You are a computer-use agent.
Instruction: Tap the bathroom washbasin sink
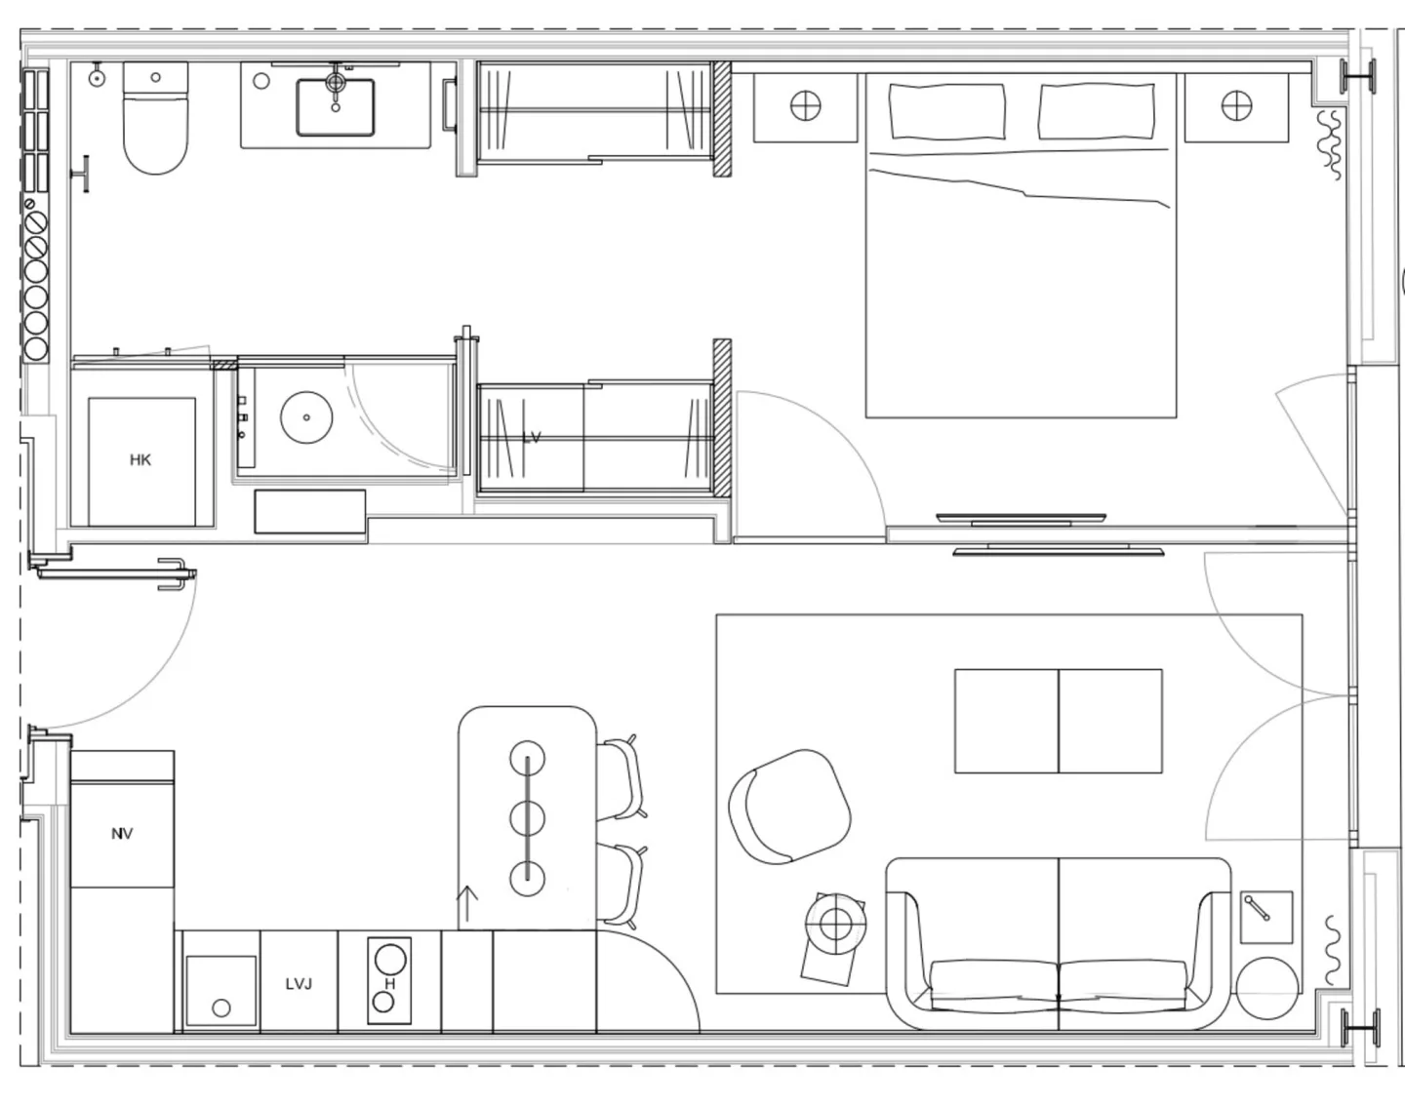coord(336,107)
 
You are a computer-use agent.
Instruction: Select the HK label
coord(140,460)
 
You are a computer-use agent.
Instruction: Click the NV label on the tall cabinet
coord(122,834)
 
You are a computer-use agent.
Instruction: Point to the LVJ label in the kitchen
coord(299,984)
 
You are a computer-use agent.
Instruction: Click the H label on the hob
coord(389,984)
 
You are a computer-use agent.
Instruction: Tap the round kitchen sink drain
coord(221,1008)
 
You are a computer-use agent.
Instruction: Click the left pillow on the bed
coord(946,111)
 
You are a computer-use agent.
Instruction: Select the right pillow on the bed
coord(1096,111)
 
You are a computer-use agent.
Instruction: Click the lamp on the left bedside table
coord(806,105)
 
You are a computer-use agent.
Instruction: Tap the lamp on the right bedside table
coord(1236,105)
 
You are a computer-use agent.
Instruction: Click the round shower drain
coord(306,417)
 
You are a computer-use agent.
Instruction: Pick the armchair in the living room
coord(789,807)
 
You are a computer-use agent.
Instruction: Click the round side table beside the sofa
coord(1267,988)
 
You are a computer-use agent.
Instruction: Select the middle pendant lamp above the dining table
coord(528,818)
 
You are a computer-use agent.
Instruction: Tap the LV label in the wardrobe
coord(532,438)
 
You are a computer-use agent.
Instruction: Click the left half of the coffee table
coord(1006,721)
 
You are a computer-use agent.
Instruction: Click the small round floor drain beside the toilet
coord(97,78)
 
